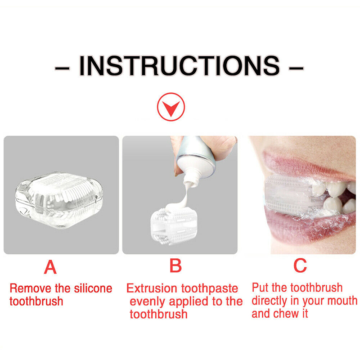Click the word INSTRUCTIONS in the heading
point(179,66)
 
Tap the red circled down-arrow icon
point(171,107)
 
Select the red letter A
point(50,267)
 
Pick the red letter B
point(175,265)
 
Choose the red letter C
point(300,265)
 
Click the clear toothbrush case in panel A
point(59,199)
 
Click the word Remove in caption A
point(31,288)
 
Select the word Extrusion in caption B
point(152,288)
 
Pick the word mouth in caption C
point(342,301)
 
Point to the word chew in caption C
point(284,314)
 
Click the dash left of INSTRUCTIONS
point(62,68)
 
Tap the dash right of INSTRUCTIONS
point(296,68)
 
